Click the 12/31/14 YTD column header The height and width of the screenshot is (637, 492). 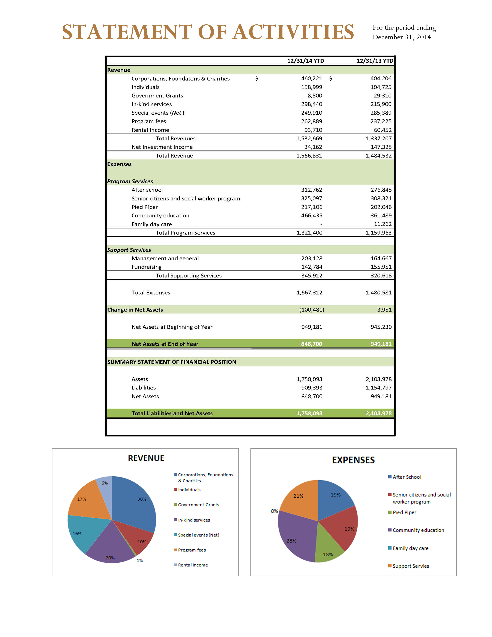[305, 61]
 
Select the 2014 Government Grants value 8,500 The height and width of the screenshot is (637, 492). [315, 96]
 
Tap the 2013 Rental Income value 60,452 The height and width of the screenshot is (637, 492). [383, 130]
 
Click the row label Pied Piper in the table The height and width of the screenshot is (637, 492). [145, 207]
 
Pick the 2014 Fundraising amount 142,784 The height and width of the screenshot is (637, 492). [312, 267]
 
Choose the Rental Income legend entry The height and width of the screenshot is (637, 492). [193, 565]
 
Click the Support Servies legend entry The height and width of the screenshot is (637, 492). [411, 566]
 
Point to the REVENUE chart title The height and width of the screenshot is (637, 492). [146, 458]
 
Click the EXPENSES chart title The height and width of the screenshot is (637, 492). [353, 460]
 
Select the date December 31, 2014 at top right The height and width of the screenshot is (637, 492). [402, 37]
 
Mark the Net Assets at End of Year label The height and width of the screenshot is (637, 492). [165, 344]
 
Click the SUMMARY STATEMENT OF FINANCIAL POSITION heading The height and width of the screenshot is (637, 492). [172, 362]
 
